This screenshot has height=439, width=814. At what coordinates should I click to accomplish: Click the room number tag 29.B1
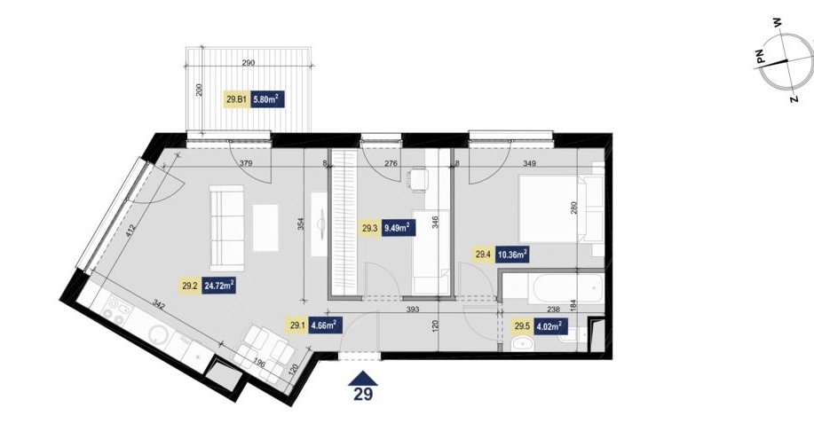(237, 100)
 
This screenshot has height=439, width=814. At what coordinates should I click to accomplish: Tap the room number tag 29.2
(189, 286)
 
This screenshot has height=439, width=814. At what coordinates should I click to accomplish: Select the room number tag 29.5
(522, 325)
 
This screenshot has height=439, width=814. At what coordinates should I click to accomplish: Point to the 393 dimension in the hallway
(412, 310)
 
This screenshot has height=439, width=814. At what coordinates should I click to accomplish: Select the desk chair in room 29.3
(417, 180)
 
